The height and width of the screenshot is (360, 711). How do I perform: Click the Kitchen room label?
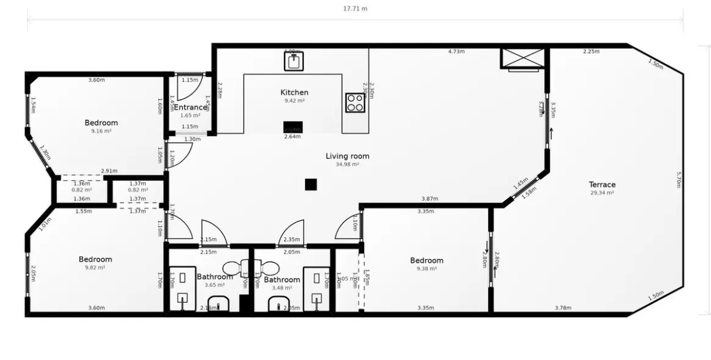(x=294, y=92)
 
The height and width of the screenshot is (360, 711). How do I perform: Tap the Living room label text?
(x=347, y=156)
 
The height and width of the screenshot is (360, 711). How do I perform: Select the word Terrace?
(x=602, y=184)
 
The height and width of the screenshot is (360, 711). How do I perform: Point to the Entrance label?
(x=190, y=107)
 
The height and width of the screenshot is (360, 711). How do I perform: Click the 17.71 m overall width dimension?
(x=355, y=9)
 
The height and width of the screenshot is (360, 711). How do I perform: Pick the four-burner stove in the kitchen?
(x=355, y=103)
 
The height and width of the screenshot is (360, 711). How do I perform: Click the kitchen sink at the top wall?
(x=294, y=61)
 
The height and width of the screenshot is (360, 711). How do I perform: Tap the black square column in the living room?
(x=311, y=184)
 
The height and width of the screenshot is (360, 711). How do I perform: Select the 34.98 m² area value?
(x=347, y=164)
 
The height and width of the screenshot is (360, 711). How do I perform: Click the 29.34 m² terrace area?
(x=602, y=192)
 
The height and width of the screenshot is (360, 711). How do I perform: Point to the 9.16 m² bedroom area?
(x=101, y=131)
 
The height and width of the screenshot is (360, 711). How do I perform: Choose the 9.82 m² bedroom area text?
(x=95, y=267)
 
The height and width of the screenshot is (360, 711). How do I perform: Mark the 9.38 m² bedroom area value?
(x=427, y=268)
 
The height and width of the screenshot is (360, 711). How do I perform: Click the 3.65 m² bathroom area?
(x=215, y=285)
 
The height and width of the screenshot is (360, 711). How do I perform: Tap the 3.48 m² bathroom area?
(x=282, y=288)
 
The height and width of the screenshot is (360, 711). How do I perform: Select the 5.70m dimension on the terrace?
(x=679, y=179)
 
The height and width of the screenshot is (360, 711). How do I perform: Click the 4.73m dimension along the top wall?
(x=456, y=52)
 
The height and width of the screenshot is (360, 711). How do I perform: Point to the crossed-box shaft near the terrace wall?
(x=522, y=58)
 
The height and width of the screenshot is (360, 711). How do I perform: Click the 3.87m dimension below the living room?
(x=430, y=199)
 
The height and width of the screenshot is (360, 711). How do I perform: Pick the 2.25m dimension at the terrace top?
(x=591, y=52)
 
